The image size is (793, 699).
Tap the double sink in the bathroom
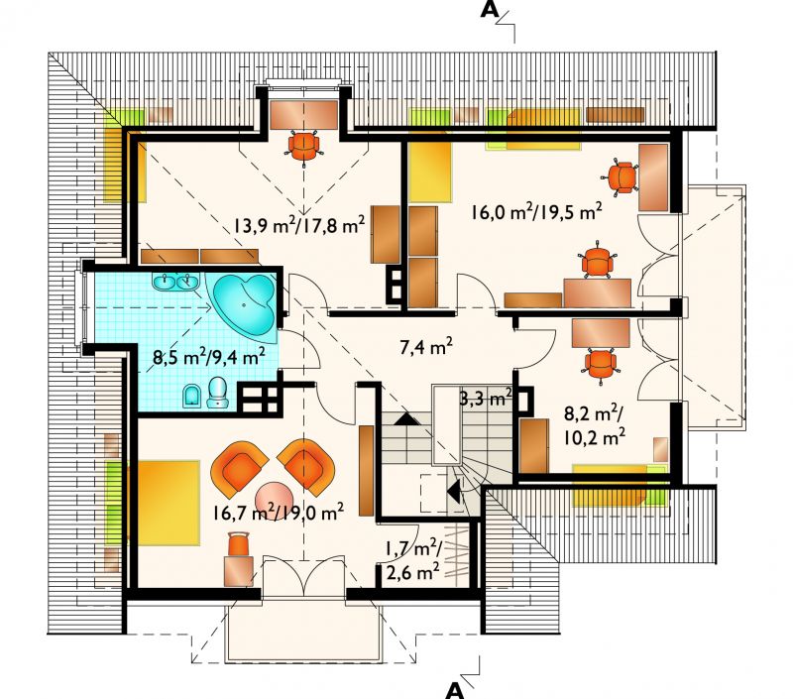coord(176,282)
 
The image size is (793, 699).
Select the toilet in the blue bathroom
coord(218,393)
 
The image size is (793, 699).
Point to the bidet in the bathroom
coord(191,396)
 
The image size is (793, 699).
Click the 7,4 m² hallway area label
coord(426,347)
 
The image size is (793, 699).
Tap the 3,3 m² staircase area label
coord(486,398)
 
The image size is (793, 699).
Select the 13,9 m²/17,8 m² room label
coord(299,224)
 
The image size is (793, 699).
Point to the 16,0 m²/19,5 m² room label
coord(536,211)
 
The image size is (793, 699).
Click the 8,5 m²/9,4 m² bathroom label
coord(209,357)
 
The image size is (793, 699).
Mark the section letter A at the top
coord(489,10)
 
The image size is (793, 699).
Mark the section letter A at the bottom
coord(455,690)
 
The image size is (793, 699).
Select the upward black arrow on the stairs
coord(407,419)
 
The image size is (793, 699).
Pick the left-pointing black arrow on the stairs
coord(454,491)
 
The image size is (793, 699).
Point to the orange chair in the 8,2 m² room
coord(601,363)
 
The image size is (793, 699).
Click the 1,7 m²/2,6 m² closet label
coord(413,560)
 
